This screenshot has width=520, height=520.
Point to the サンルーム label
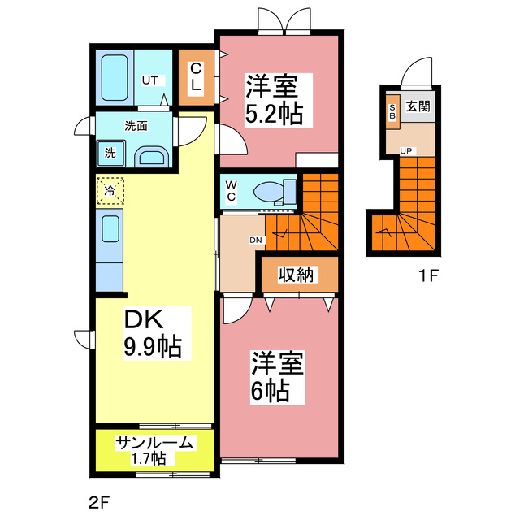154,443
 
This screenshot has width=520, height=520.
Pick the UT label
149,80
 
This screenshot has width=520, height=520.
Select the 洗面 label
136,126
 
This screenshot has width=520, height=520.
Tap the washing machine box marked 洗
109,152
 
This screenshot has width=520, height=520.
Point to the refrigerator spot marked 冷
109,191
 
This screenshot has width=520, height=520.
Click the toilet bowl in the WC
268,193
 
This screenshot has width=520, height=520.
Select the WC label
231,191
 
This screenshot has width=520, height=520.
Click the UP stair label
405,151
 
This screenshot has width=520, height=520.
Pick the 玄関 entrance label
417,106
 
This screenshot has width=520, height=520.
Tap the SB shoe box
392,111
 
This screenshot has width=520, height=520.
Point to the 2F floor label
98,501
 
